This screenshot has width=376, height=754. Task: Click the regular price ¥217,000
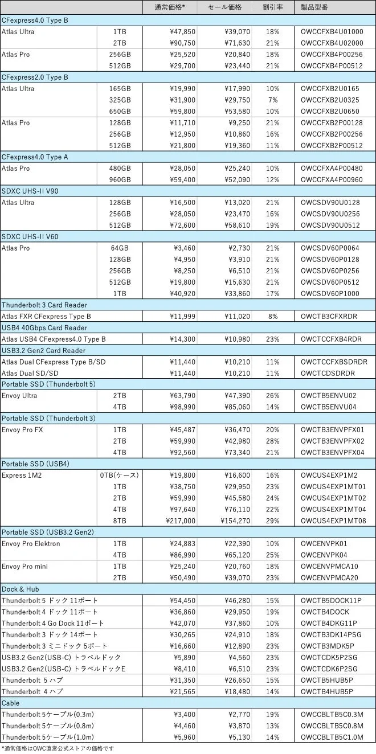tap(180, 521)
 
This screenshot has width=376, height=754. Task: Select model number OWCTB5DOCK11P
tap(331, 600)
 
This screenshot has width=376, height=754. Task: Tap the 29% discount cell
tap(272, 521)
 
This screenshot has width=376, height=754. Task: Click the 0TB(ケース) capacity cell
tap(120, 475)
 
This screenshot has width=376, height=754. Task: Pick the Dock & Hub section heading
tap(21, 589)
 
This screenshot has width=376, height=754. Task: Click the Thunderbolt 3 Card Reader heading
tap(43, 305)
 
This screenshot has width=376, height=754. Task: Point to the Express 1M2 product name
tap(20, 475)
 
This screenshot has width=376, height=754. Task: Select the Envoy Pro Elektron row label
tap(31, 543)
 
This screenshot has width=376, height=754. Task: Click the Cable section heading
tap(11, 703)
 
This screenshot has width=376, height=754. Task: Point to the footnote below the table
tap(57, 748)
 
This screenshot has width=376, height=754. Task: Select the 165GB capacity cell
tap(120, 88)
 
